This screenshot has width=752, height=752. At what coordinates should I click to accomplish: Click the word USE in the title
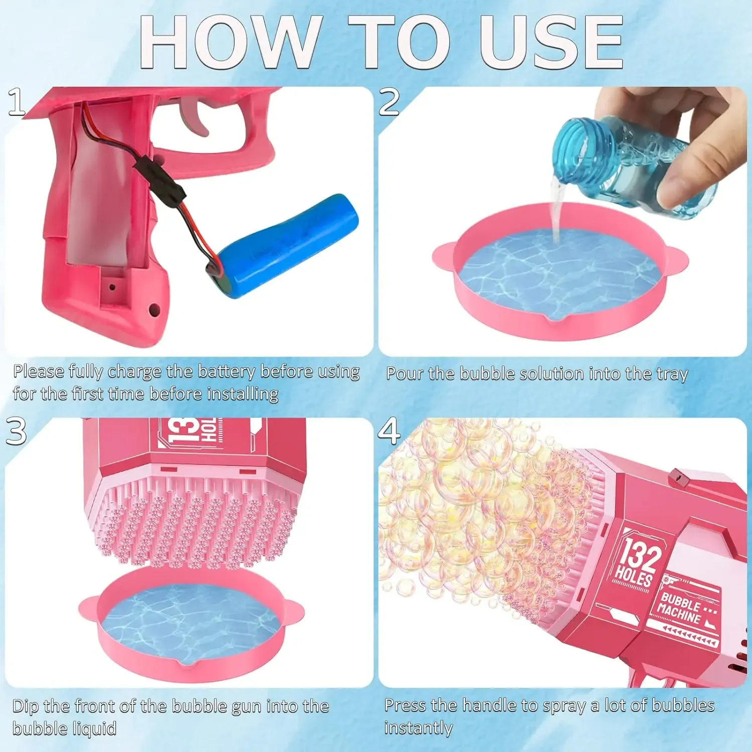[x=551, y=42]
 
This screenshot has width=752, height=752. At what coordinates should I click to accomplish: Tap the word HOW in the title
[x=231, y=42]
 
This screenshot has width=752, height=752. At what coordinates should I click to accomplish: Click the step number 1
[x=17, y=102]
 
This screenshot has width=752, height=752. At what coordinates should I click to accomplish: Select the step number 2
[x=390, y=102]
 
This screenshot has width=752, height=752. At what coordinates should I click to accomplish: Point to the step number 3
[x=16, y=431]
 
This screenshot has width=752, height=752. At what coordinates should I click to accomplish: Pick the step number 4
[x=390, y=431]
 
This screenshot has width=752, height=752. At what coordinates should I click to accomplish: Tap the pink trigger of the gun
[x=196, y=115]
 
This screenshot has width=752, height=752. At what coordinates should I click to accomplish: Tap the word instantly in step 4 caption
[x=418, y=728]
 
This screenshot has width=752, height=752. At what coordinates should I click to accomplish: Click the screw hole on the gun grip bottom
[x=154, y=310]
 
